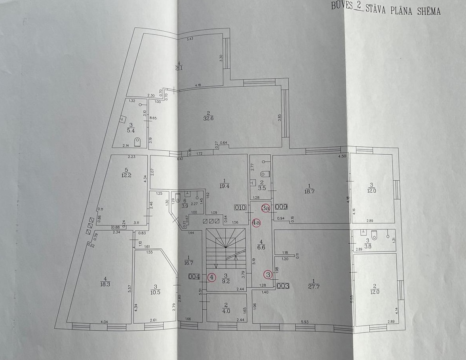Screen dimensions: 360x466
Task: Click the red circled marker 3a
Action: tap(265, 207)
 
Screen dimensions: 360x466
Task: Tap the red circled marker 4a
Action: tap(256, 223)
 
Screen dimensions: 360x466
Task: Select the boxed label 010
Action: tap(240, 207)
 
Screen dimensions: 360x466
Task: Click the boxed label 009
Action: tap(281, 207)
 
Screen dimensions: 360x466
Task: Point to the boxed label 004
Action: tap(194, 277)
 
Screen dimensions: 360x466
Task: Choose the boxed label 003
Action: tap(283, 285)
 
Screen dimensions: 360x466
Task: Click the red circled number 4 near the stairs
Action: tap(212, 277)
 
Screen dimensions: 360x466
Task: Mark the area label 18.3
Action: tap(105, 284)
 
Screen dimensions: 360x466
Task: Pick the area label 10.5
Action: tap(156, 290)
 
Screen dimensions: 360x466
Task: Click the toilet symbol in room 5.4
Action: tap(137, 141)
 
